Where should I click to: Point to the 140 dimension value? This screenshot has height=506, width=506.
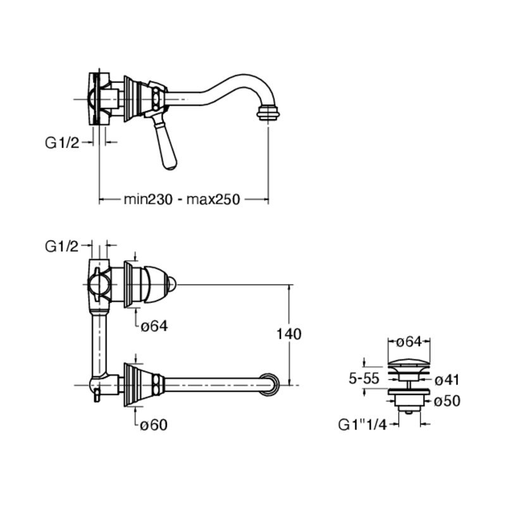click(x=289, y=333)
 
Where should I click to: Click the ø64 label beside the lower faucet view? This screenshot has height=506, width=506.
click(x=154, y=325)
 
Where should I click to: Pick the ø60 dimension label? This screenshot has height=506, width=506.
click(x=154, y=424)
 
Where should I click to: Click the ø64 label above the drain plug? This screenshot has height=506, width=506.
click(x=409, y=342)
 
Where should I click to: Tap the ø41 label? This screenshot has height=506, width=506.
click(x=447, y=379)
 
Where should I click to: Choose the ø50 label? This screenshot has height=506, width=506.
click(x=447, y=401)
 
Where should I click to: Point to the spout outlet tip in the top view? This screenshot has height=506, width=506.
click(x=269, y=114)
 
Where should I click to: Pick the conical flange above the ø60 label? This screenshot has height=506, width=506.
click(x=138, y=383)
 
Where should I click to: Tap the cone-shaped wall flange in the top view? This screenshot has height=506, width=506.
click(x=132, y=99)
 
